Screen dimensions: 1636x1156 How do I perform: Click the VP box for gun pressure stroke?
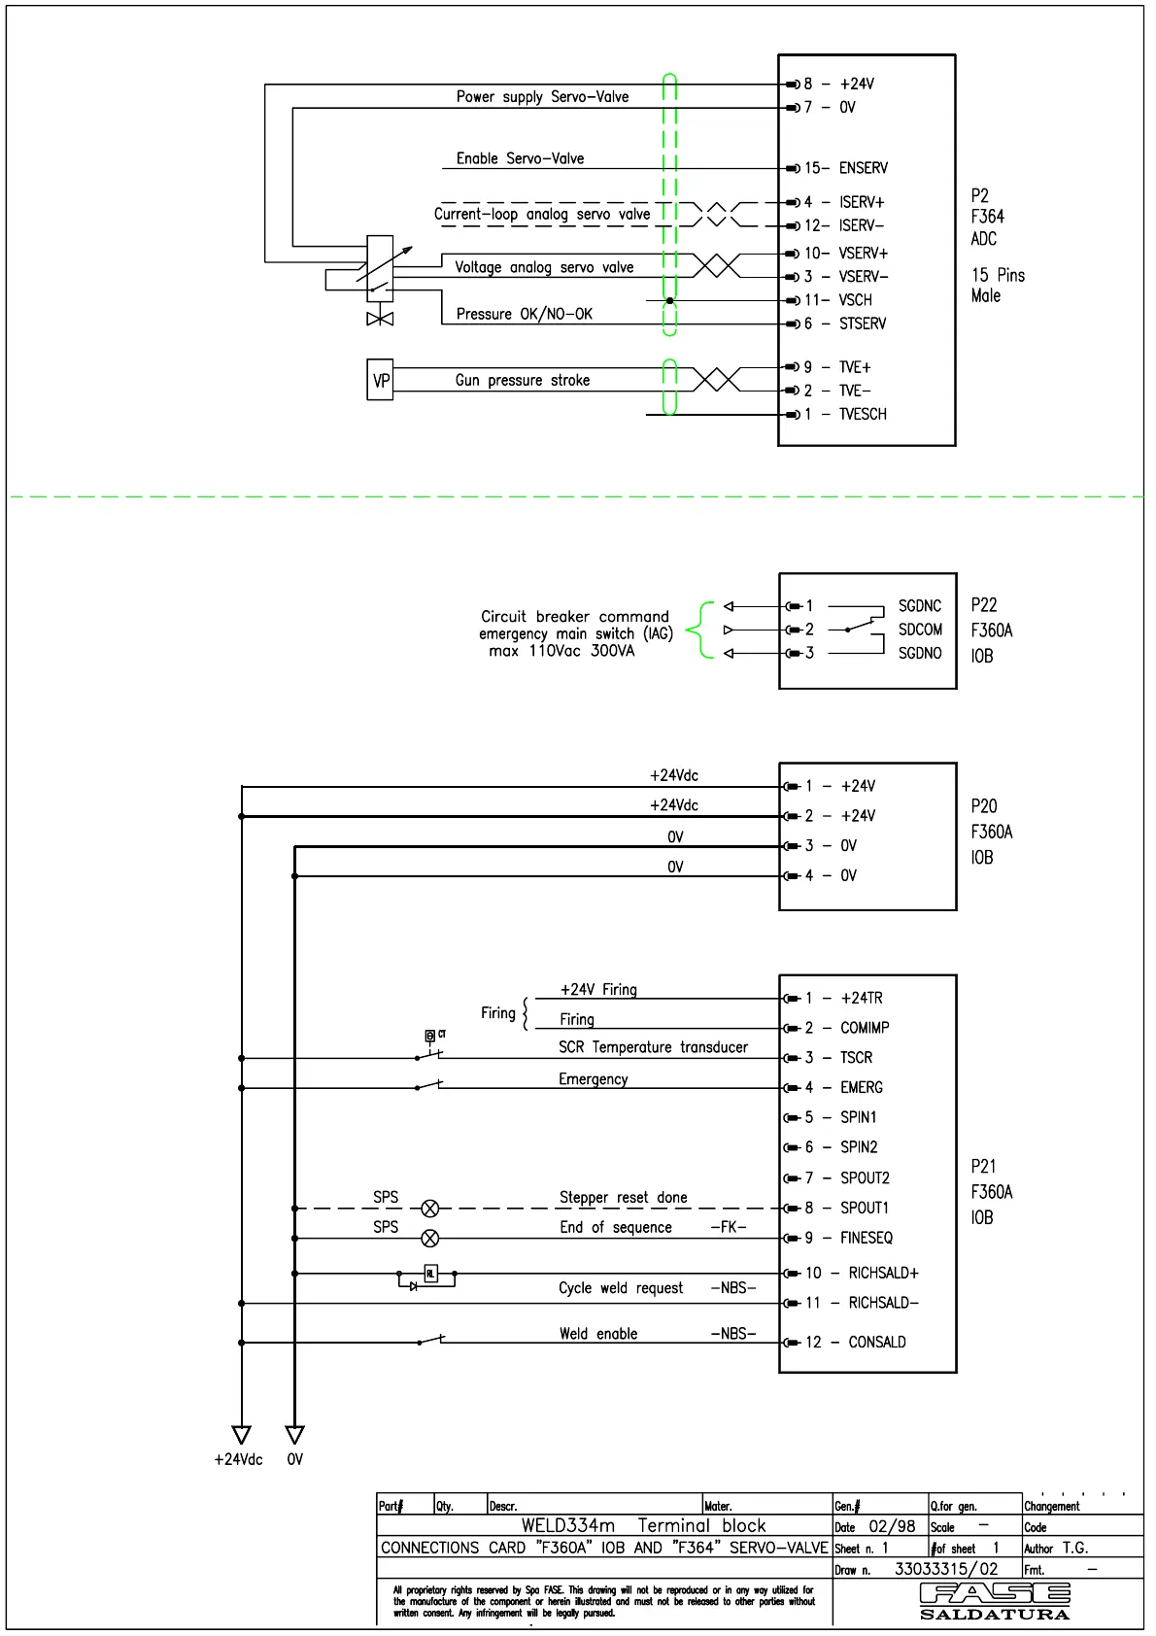381,380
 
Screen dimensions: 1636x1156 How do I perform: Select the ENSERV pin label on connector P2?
863,168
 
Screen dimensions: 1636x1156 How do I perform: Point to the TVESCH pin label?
863,414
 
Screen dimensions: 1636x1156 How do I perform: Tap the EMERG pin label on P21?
861,1087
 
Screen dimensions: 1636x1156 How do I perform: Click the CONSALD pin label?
876,1342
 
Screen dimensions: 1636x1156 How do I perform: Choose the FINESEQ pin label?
866,1238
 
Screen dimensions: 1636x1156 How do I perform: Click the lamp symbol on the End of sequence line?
430,1239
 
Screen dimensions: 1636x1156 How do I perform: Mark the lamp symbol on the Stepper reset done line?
430,1209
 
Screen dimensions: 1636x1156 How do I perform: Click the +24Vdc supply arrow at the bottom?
242,1435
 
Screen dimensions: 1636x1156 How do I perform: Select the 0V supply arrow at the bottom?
295,1435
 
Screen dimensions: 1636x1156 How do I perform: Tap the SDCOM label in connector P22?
919,630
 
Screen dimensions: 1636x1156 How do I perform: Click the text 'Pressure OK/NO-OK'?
524,314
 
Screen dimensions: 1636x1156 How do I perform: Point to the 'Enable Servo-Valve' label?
520,158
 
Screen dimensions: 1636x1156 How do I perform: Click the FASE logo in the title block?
994,1594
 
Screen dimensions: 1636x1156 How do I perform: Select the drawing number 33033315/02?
945,1568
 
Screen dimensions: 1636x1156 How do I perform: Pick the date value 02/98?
892,1526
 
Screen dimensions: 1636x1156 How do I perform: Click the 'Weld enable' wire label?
598,1334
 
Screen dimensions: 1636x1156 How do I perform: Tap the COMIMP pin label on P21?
864,1028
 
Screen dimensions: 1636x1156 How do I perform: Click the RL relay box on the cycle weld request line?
430,1273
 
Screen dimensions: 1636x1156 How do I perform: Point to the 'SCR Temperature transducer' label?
653,1047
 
